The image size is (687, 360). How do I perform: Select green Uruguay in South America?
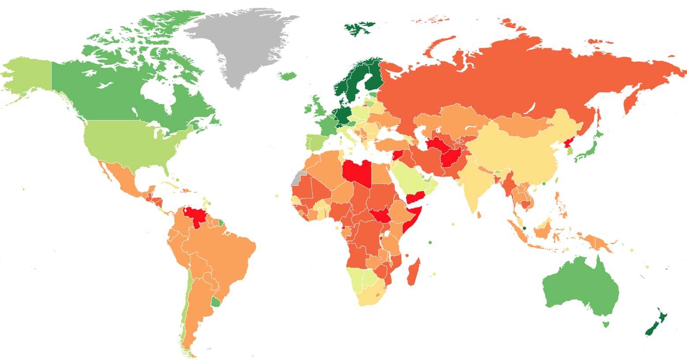[216, 302]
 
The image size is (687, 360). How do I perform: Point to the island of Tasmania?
[606, 324]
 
